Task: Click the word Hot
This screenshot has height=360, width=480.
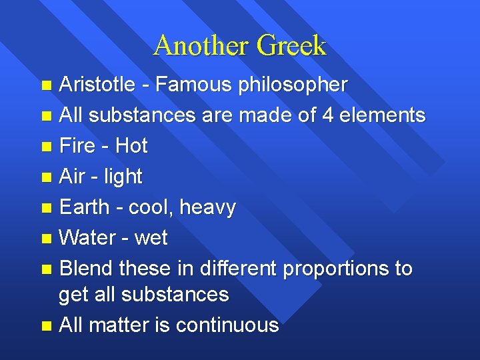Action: tap(131, 145)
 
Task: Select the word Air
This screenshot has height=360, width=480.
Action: tap(71, 176)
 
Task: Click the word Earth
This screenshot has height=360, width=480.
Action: tap(83, 207)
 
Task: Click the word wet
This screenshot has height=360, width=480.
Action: tap(151, 238)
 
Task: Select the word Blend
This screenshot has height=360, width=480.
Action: tap(86, 268)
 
